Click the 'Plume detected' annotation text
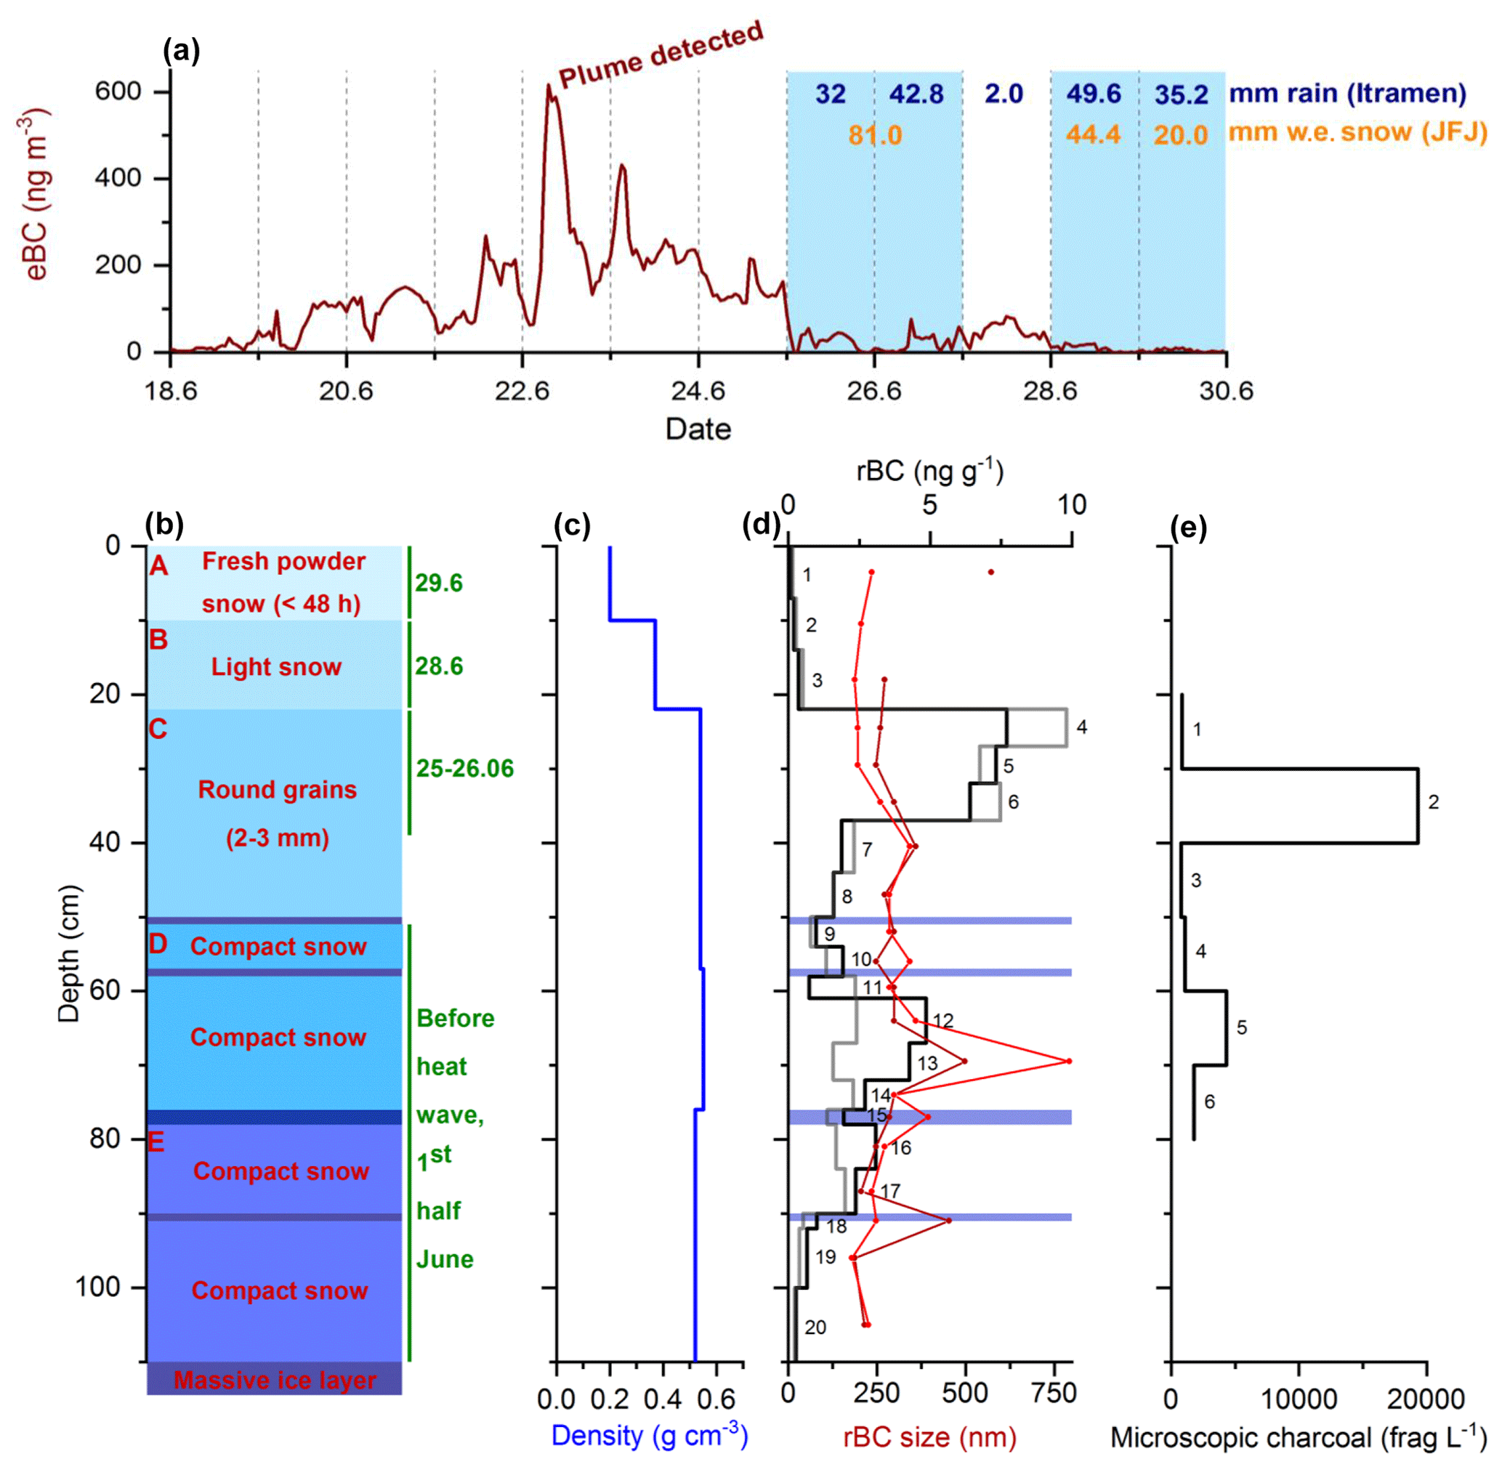click(x=661, y=55)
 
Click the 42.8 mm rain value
click(x=916, y=94)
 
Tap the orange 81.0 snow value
click(x=875, y=136)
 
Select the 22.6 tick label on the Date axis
click(x=522, y=392)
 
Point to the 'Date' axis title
click(x=698, y=429)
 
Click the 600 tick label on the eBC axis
click(x=118, y=92)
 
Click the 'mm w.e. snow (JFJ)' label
click(x=1357, y=132)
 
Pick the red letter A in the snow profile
click(x=158, y=566)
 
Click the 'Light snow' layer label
click(x=276, y=666)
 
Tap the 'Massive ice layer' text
click(x=275, y=1380)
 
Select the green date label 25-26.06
click(x=465, y=768)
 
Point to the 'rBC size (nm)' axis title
click(x=929, y=1437)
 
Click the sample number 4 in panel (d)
click(x=1081, y=727)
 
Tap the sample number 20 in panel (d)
click(x=815, y=1327)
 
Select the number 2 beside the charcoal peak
click(x=1433, y=802)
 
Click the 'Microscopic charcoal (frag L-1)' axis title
click(x=1298, y=1437)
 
